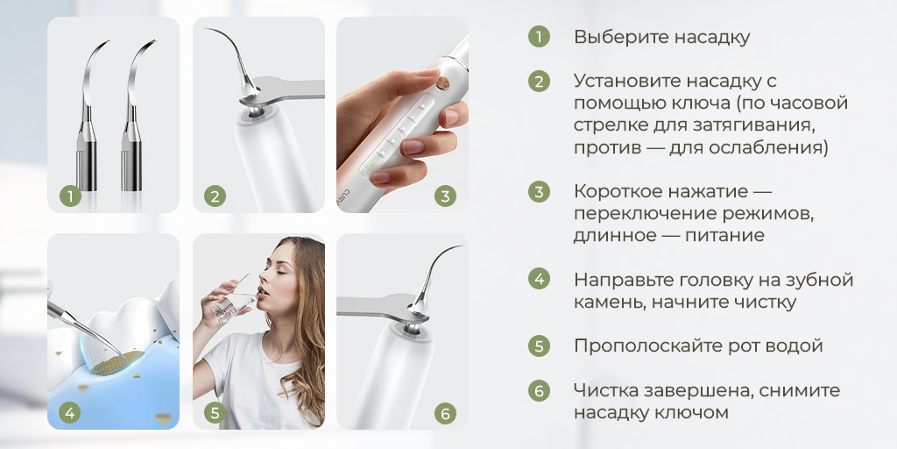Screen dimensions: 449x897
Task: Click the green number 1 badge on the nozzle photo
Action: tap(70, 196)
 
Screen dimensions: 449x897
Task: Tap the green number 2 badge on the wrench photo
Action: tap(215, 196)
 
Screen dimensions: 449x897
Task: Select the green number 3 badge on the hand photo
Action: tap(445, 196)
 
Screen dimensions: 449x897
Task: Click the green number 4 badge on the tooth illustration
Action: tap(70, 411)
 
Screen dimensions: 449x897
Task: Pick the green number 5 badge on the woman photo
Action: tap(215, 411)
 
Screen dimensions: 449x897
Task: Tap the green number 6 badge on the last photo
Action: tap(445, 411)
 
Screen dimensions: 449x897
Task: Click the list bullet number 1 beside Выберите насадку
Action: tap(539, 37)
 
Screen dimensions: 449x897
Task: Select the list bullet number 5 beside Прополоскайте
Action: tap(539, 346)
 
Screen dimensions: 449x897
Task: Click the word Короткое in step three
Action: tap(612, 191)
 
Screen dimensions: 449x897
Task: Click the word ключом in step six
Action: tap(696, 412)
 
